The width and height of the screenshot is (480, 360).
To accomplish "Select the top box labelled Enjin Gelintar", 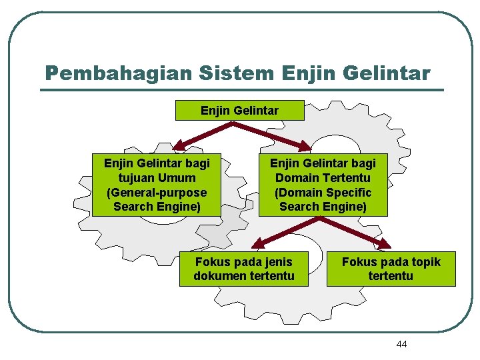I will (x=239, y=110).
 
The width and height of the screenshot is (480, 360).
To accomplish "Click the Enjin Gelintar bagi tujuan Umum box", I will (x=157, y=185).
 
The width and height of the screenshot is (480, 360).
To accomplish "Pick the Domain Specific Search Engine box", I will (x=323, y=185).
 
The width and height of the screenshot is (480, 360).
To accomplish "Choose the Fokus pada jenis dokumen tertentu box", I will (x=244, y=269).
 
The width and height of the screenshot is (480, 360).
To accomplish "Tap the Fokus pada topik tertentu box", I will (x=391, y=269).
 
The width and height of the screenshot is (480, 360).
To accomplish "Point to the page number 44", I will (x=401, y=344).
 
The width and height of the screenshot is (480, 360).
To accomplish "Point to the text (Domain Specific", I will (x=323, y=192).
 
